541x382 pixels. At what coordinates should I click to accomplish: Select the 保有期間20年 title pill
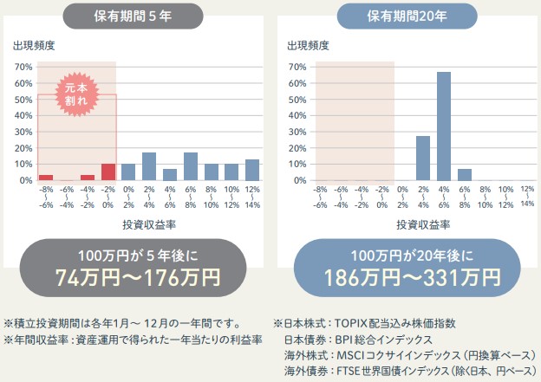407,16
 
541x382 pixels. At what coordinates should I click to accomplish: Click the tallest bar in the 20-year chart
443,126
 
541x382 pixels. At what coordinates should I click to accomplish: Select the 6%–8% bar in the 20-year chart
464,174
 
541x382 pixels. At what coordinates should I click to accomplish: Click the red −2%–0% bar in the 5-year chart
108,172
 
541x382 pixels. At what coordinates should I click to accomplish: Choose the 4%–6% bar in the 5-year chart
170,174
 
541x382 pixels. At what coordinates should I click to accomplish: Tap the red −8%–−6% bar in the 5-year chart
46,177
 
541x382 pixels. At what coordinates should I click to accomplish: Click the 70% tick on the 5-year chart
23,67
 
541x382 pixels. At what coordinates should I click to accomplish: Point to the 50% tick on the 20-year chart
297,99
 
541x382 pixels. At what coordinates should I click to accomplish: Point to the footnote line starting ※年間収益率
134,339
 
